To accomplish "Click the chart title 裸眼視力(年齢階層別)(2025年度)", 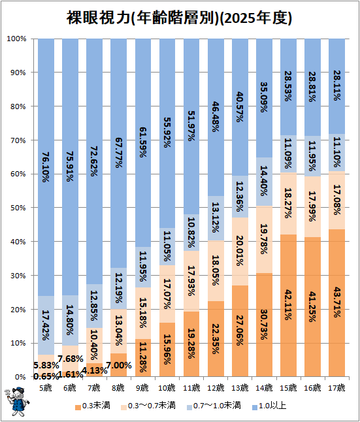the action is tap(179, 18).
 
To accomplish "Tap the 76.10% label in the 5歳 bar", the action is tap(46, 167).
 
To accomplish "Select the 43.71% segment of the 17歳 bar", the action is tap(337, 302).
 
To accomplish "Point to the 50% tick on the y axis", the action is tap(18, 208).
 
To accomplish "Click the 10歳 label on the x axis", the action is tap(167, 388).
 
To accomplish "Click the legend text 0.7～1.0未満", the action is tap(217, 406).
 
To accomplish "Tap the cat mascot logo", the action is tap(17, 402).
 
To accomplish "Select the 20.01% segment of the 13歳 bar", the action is tap(240, 252).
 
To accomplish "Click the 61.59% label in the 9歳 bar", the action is tap(143, 142).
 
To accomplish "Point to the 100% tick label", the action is tap(17, 39).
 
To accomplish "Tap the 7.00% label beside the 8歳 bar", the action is tap(119, 365).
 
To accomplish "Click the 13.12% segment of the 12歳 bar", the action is tap(216, 218).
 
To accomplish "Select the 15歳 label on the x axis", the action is tap(288, 388).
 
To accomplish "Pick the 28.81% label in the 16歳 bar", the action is tap(312, 87).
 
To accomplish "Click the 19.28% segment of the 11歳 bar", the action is tap(191, 344).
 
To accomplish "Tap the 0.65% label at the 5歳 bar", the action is tap(46, 376).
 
